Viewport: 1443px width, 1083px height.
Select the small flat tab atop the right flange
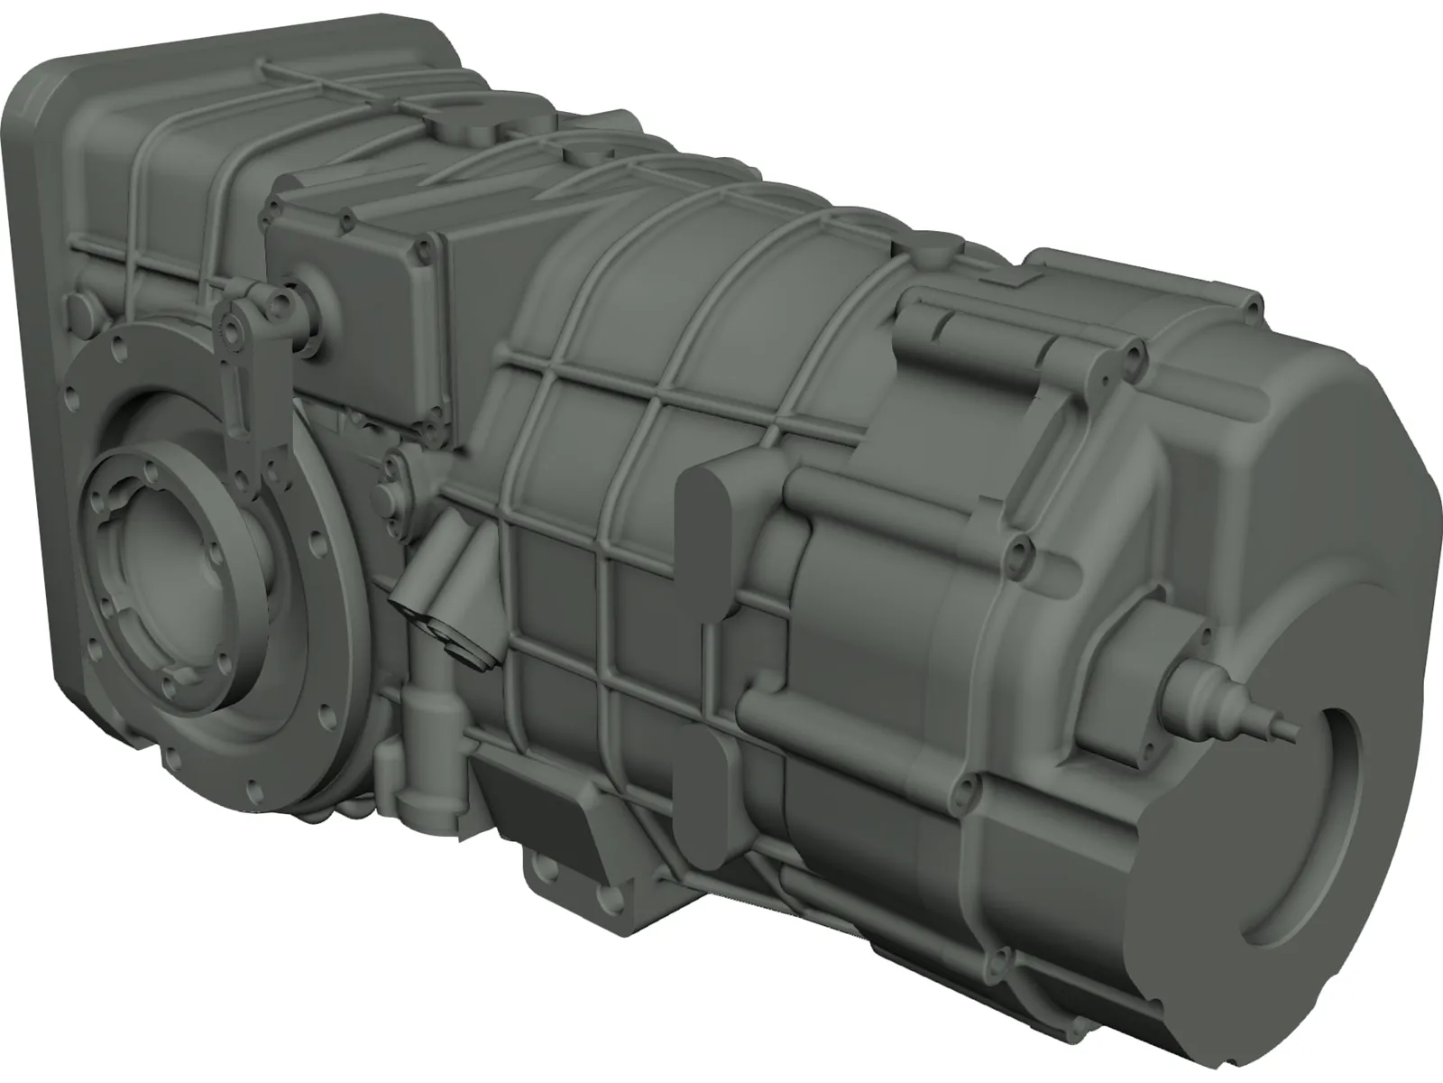(x=1018, y=281)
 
